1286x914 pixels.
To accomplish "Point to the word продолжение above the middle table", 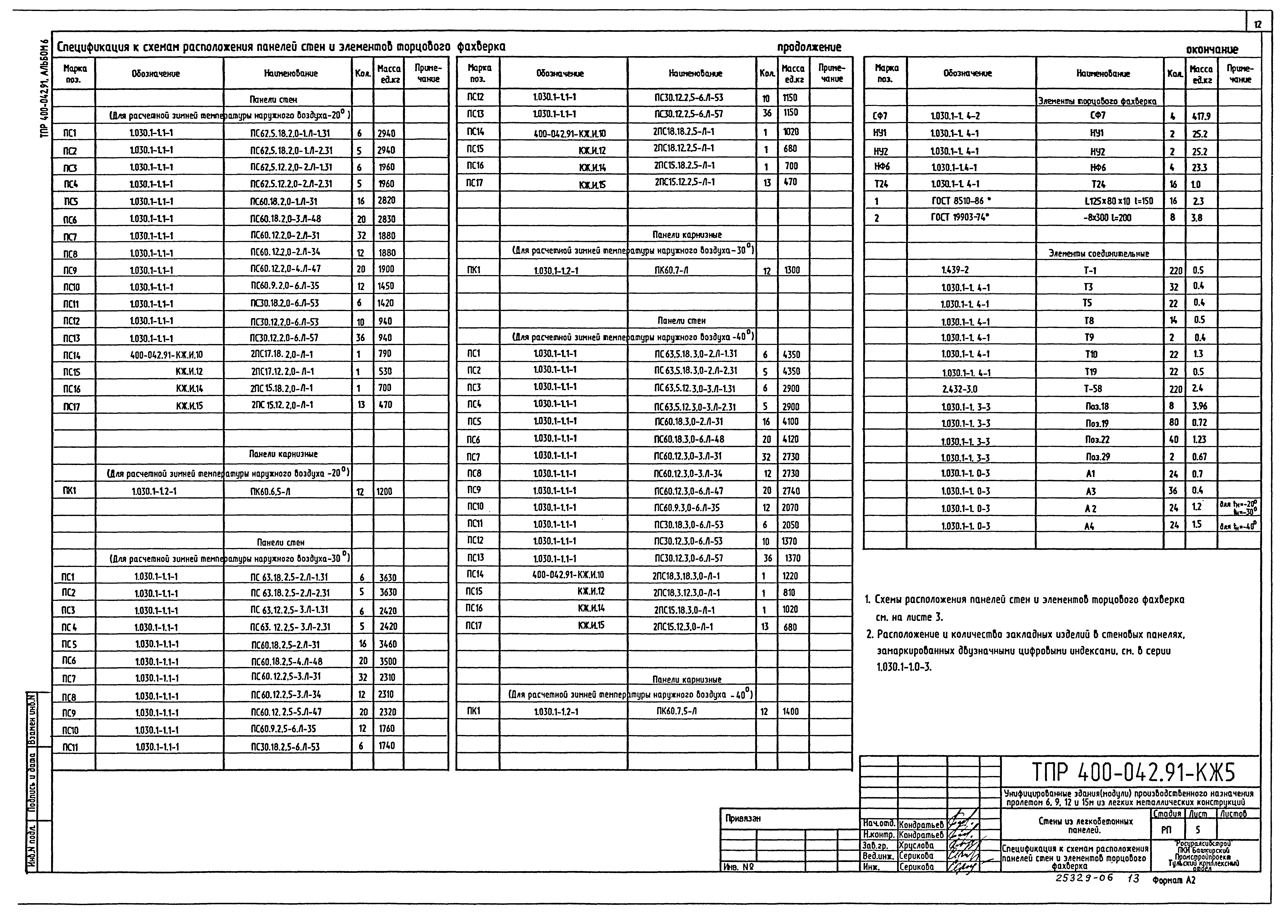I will pyautogui.click(x=809, y=47).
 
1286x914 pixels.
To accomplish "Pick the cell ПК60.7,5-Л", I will pyautogui.click(x=676, y=711).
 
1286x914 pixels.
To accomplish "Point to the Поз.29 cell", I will pyautogui.click(x=1093, y=457).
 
